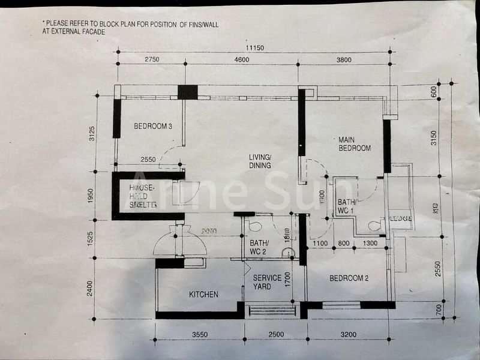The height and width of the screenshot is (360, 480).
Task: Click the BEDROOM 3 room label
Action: pos(153,126)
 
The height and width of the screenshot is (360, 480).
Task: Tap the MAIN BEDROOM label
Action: pos(354,143)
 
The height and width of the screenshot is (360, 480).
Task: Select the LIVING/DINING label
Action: pos(260,161)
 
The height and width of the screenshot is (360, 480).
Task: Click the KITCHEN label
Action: pos(203,294)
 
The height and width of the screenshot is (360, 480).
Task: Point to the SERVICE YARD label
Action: pos(267,282)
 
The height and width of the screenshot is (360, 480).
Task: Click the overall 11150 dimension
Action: pos(254,48)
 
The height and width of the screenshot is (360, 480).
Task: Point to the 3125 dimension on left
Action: pos(91,133)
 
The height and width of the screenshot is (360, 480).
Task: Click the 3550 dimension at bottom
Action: pos(199,334)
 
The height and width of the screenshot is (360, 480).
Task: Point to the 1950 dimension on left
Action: pos(91,195)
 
